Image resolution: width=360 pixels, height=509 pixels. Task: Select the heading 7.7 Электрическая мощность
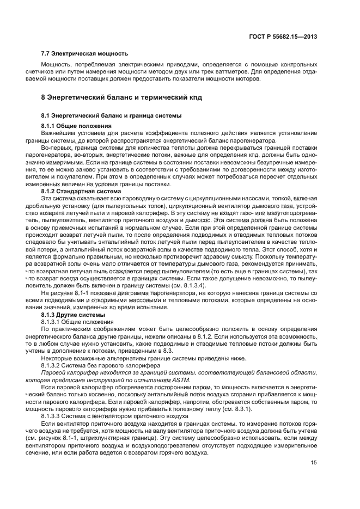(x=84, y=53)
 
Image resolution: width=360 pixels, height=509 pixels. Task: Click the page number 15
(x=314, y=463)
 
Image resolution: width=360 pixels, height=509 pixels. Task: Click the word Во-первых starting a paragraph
(x=56, y=148)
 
